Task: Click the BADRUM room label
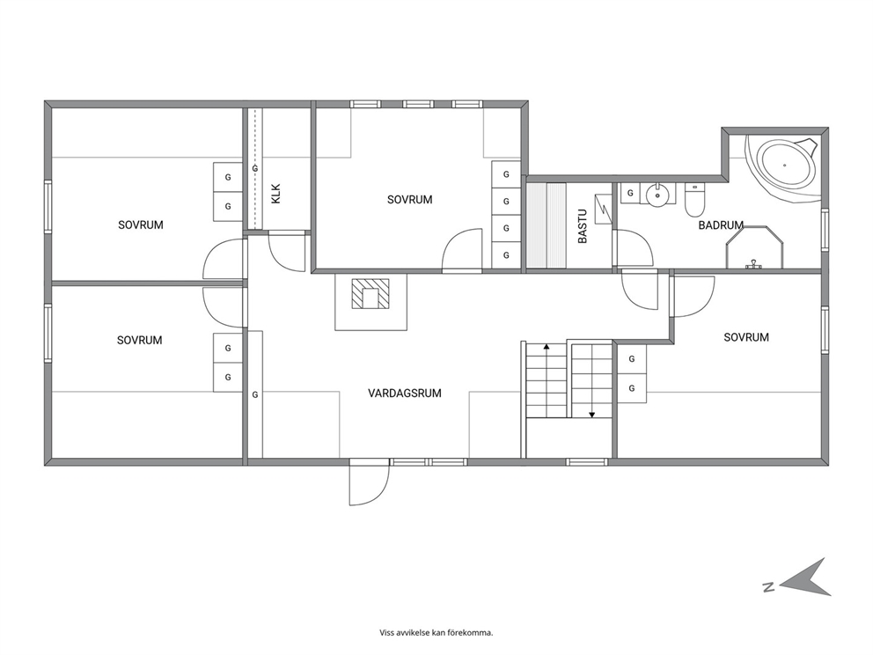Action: click(721, 225)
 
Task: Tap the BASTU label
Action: click(583, 226)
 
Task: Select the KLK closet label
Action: click(276, 194)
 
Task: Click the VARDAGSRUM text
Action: click(405, 394)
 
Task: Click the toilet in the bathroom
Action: click(694, 201)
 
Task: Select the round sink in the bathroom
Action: click(658, 195)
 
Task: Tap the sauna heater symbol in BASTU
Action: click(603, 209)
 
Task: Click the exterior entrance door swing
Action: click(369, 484)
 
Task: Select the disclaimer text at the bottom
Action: click(436, 633)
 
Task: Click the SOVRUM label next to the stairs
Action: click(746, 337)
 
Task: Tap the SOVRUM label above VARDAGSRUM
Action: click(410, 199)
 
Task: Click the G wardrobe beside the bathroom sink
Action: click(630, 194)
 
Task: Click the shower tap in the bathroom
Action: click(754, 263)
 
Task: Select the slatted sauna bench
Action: click(547, 225)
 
